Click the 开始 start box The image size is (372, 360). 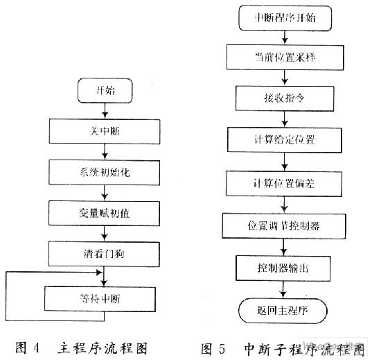click(105, 91)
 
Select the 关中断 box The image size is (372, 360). click(105, 131)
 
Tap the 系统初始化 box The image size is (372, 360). click(105, 173)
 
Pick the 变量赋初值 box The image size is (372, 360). click(105, 214)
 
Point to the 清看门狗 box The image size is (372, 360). click(104, 254)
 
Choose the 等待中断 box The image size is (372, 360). click(100, 299)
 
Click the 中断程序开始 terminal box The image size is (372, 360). click(285, 18)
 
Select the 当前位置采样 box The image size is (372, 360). click(285, 58)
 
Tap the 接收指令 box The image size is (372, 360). click(285, 98)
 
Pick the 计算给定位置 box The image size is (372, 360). click(285, 139)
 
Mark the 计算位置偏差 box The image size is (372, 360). click(284, 183)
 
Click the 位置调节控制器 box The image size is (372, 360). click(284, 225)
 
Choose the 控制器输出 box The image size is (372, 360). click(283, 268)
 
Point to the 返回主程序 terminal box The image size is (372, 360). click(283, 311)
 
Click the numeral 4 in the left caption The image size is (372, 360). click(36, 348)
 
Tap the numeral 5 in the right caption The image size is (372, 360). click(222, 349)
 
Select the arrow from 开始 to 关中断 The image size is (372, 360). click(105, 111)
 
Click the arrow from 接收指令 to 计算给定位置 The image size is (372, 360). click(285, 119)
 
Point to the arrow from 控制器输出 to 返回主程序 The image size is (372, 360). click(283, 290)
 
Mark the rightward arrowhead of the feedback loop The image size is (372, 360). click(100, 273)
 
